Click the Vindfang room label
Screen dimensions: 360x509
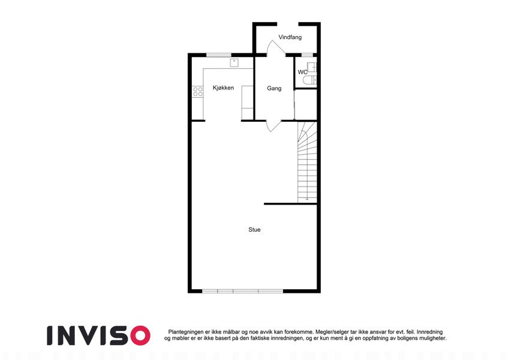(290, 37)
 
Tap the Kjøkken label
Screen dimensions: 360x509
(223, 88)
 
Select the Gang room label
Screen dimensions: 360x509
(274, 88)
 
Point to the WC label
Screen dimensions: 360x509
(303, 73)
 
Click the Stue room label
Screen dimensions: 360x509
(255, 229)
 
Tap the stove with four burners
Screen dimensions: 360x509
(197, 92)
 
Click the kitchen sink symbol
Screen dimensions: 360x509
(234, 62)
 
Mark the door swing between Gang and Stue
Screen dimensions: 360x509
(272, 125)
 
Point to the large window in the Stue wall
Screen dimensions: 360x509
(242, 291)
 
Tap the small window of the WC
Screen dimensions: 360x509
(307, 55)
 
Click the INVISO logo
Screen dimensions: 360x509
(98, 335)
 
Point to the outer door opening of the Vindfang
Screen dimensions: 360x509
(286, 24)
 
